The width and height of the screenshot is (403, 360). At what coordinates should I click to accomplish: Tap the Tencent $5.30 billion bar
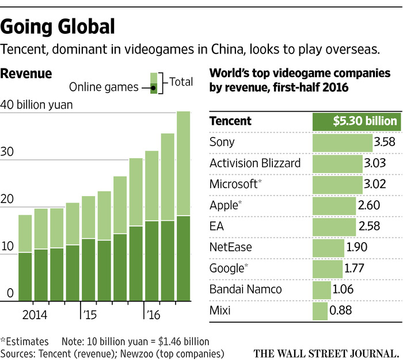[x=355, y=121]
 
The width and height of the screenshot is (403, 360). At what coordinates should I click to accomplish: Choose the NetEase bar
[x=328, y=248]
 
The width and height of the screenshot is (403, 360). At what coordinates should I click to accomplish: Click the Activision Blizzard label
[x=255, y=163]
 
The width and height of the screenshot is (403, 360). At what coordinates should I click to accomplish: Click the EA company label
[x=216, y=227]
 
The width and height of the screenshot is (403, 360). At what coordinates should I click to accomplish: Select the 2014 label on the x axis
[x=34, y=315]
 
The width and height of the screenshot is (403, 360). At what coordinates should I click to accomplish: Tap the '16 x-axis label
[x=153, y=315]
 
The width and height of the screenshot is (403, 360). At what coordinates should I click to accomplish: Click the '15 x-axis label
[x=89, y=315]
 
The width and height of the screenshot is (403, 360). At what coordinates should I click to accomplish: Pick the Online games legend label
[x=104, y=87]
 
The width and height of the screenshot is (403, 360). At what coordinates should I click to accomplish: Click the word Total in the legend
[x=181, y=82]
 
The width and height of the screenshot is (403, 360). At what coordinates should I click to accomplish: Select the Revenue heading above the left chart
[x=26, y=74]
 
